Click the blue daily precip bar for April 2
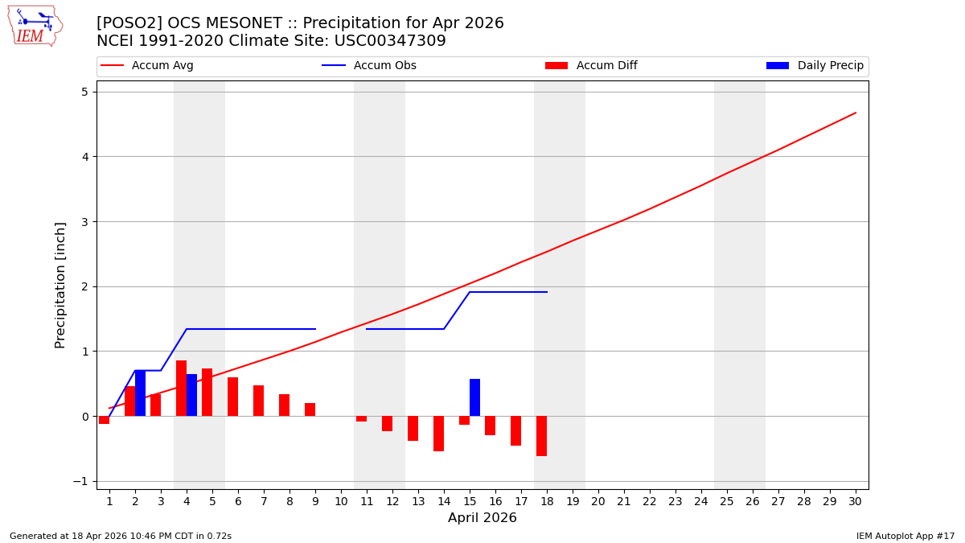[x=140, y=393]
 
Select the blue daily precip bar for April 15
[x=474, y=397]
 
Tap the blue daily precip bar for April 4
[x=191, y=395]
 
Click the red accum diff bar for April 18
[x=541, y=436]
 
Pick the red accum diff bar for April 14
[x=438, y=434]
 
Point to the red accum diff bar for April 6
[x=232, y=397]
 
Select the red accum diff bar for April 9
[x=310, y=409]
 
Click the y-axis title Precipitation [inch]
[x=60, y=285]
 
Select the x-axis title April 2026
[x=482, y=518]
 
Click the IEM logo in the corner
[x=35, y=26]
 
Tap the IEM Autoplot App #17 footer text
[x=905, y=536]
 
